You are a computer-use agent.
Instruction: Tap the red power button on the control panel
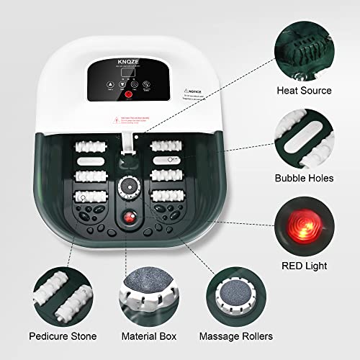click(x=129, y=94)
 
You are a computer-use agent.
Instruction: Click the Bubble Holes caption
click(x=304, y=177)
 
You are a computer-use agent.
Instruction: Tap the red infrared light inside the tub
click(x=130, y=218)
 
